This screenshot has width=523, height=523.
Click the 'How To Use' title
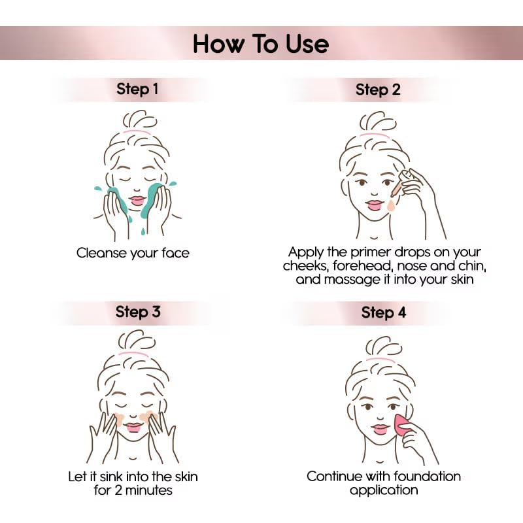click(x=261, y=44)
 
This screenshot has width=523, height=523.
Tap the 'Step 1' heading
click(x=137, y=89)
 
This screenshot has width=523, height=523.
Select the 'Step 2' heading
click(x=378, y=90)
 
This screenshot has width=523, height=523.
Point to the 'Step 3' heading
click(x=137, y=311)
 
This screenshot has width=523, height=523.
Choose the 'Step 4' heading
click(x=384, y=312)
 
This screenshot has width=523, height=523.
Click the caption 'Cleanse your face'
click(x=133, y=252)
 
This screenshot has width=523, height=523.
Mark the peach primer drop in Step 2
click(x=391, y=207)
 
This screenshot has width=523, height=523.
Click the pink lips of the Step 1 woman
click(x=137, y=199)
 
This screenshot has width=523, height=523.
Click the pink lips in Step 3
click(x=134, y=427)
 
